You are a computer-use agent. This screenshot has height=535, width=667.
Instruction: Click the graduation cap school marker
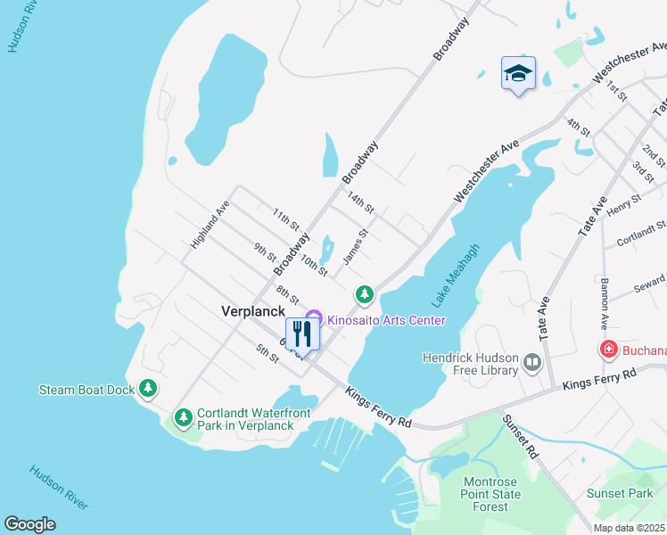(x=518, y=74)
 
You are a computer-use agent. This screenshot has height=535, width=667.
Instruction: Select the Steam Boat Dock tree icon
(x=148, y=389)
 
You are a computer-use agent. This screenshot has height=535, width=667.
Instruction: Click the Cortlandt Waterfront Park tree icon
(x=184, y=416)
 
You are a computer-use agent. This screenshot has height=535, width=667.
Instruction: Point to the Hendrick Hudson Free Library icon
(x=532, y=361)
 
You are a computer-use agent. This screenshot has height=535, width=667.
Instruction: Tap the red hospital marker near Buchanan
(x=608, y=350)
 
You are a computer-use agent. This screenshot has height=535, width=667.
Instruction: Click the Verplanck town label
(x=253, y=311)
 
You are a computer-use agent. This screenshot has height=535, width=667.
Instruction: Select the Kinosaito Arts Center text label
(x=386, y=320)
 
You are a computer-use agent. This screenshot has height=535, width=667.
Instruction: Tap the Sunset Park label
(x=620, y=493)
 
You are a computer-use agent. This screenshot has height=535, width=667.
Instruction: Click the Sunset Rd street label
(x=521, y=436)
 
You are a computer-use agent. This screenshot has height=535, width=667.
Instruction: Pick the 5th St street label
(x=268, y=352)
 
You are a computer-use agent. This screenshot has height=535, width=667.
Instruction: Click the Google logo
(x=29, y=524)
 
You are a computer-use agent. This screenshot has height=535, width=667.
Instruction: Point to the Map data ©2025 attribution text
(x=629, y=528)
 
